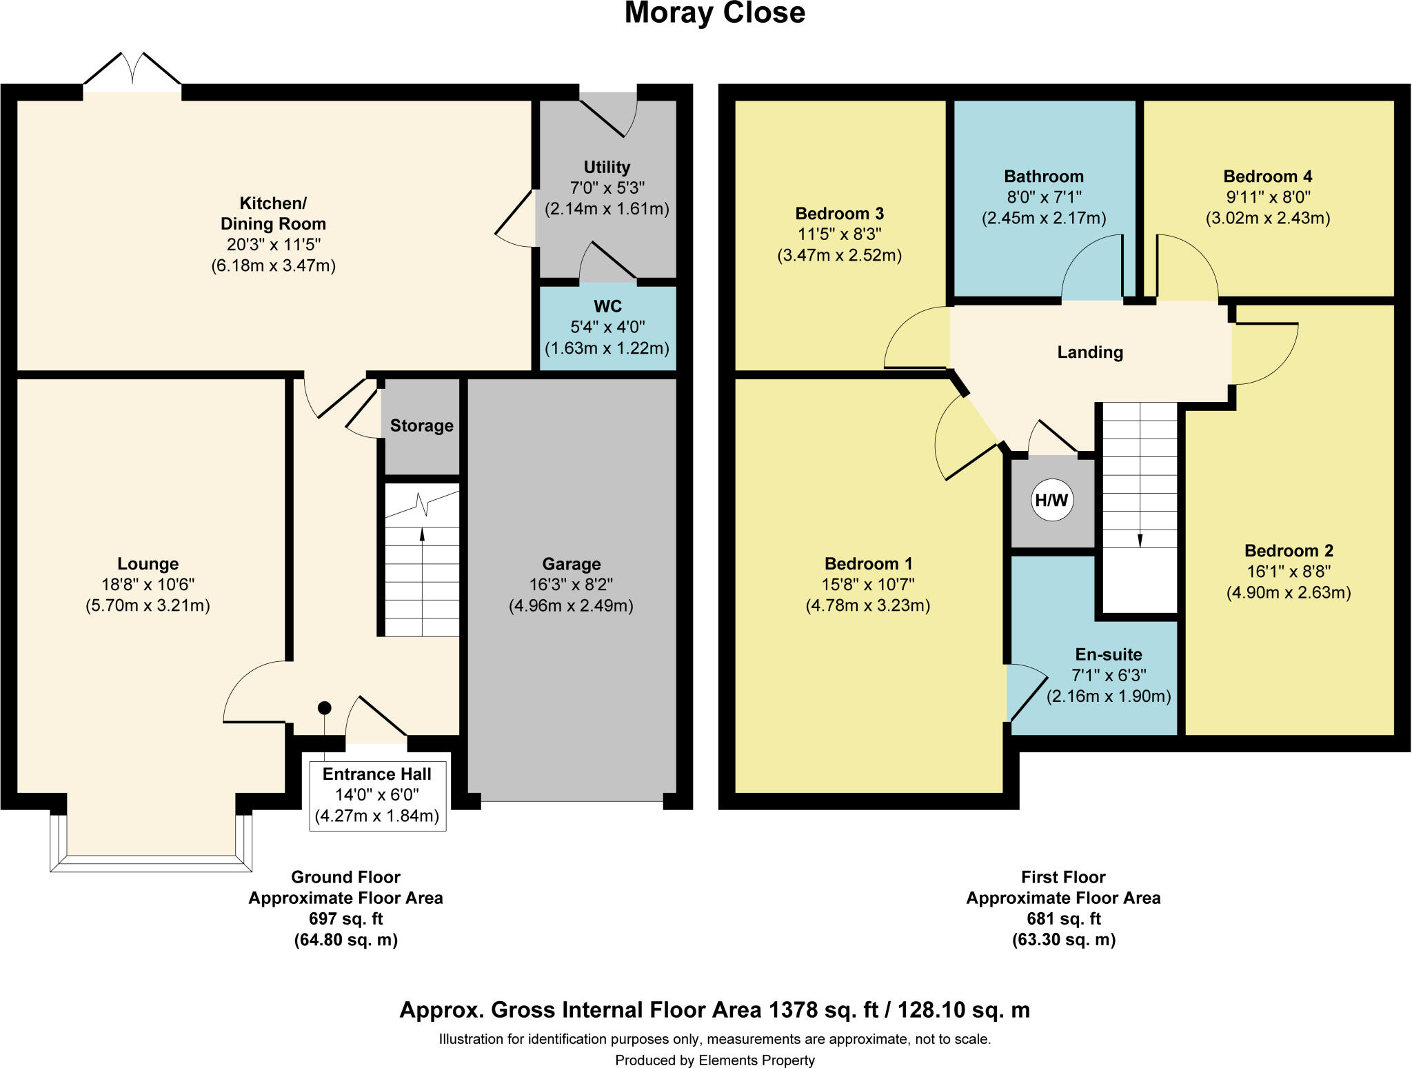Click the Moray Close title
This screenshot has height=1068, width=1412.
click(715, 13)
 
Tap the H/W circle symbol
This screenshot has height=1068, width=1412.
click(1052, 501)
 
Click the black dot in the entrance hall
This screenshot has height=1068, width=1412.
click(325, 708)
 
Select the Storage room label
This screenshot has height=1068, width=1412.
click(422, 425)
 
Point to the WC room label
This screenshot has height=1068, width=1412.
click(607, 306)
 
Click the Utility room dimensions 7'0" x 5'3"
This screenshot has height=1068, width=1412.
click(607, 188)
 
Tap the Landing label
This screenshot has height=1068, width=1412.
click(1090, 352)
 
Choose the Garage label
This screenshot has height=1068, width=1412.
click(572, 564)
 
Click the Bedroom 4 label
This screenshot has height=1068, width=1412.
click(1268, 177)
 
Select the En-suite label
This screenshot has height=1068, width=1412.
click(1109, 654)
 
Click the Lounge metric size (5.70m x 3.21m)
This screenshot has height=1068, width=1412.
click(148, 605)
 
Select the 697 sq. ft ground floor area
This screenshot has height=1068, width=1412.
click(345, 919)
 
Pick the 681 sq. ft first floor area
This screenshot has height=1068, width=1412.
click(1064, 919)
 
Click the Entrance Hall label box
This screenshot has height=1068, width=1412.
click(377, 795)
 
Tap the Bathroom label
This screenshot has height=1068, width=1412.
click(1044, 177)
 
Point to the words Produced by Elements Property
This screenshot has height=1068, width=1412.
click(715, 1060)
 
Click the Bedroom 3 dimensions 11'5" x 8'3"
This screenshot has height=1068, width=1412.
click(840, 234)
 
